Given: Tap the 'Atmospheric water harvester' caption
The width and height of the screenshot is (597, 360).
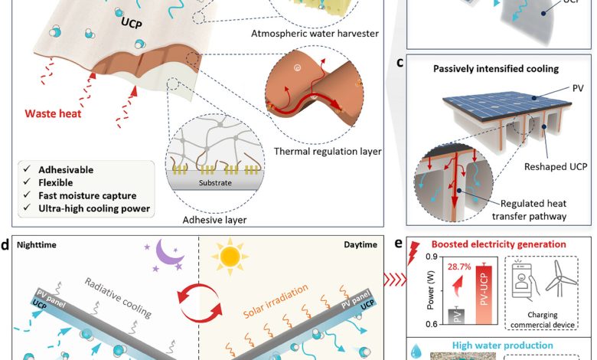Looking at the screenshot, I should [315, 34].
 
